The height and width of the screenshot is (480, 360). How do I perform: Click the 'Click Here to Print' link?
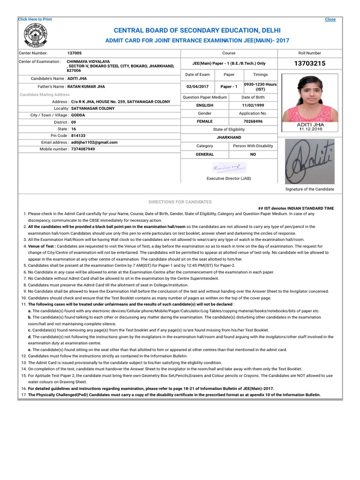(35, 19)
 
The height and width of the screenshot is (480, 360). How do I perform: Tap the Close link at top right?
(330, 19)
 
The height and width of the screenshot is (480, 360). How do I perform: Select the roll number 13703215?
(309, 64)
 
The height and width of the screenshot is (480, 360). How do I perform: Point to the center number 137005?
(74, 53)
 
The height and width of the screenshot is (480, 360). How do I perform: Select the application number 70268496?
(253, 121)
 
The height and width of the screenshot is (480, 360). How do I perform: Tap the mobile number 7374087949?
(83, 149)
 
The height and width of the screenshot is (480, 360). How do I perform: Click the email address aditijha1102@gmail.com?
(94, 142)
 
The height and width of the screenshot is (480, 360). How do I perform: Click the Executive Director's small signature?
(228, 167)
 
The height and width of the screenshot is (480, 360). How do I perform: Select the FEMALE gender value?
(205, 121)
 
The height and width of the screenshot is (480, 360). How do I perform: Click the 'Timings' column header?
(260, 75)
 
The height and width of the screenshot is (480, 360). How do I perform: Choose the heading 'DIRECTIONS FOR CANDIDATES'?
(180, 202)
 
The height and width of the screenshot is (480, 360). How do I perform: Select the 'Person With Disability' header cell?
(253, 146)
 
